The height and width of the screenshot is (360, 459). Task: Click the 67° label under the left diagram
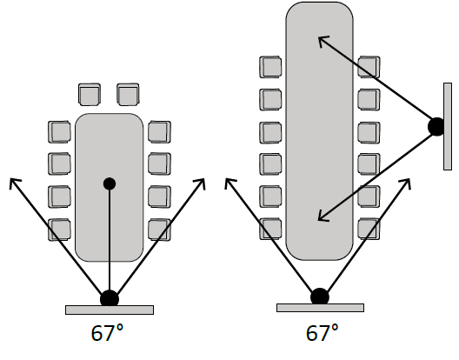(107, 333)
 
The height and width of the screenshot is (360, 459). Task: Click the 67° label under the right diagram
(322, 333)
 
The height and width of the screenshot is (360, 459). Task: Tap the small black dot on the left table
(110, 183)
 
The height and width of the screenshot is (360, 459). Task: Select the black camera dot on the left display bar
(110, 299)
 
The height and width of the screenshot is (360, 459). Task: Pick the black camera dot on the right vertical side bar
(436, 127)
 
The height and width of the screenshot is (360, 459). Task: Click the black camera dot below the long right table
(320, 297)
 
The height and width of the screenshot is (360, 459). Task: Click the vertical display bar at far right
(448, 126)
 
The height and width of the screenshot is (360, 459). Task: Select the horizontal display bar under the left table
(110, 310)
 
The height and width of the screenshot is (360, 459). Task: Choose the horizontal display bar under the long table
(320, 308)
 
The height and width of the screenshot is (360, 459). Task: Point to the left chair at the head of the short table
(90, 95)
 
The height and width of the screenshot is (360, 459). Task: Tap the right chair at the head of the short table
(128, 95)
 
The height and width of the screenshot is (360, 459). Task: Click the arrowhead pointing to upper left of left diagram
(14, 183)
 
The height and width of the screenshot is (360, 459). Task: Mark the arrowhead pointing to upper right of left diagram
(201, 183)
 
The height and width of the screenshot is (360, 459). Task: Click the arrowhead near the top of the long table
(323, 41)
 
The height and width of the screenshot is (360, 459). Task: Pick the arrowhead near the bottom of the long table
(323, 217)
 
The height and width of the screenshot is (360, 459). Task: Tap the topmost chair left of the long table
(270, 67)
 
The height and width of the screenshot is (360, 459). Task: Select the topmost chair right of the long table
(369, 67)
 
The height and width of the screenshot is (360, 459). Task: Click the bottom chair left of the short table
(59, 230)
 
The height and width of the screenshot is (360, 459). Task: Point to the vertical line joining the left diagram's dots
(110, 240)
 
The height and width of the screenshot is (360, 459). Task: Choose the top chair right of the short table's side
(160, 132)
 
